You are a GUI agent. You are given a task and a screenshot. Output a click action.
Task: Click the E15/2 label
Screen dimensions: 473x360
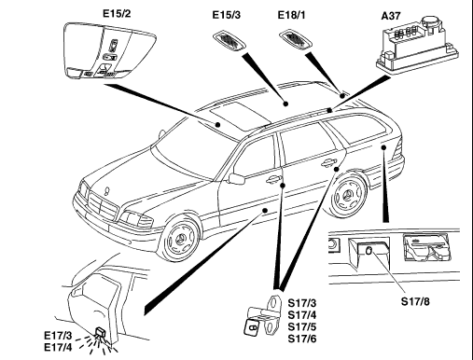click(117, 14)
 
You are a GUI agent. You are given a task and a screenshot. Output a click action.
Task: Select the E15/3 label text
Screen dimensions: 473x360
click(227, 15)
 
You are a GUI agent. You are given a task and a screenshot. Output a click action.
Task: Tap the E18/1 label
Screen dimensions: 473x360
click(291, 15)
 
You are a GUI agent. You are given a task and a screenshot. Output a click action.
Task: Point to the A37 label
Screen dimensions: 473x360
click(391, 16)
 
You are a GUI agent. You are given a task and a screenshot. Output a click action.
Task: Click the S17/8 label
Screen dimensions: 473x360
click(415, 301)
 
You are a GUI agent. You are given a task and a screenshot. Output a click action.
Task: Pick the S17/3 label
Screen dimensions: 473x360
click(302, 303)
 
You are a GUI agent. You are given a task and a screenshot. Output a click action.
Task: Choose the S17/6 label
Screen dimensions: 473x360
click(302, 339)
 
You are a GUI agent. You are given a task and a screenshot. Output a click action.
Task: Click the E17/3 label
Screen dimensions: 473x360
click(58, 336)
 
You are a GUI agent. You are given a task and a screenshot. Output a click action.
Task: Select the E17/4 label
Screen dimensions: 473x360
click(58, 347)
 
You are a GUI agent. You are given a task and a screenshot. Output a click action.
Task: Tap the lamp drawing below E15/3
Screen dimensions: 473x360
click(230, 40)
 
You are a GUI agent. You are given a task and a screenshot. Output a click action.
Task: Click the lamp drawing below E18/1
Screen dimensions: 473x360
click(295, 40)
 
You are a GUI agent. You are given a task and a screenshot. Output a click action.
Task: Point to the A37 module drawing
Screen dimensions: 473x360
click(417, 46)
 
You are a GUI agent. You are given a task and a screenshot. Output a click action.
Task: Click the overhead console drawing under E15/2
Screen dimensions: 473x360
click(110, 50)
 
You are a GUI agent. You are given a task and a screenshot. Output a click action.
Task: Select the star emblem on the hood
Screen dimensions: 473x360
click(108, 189)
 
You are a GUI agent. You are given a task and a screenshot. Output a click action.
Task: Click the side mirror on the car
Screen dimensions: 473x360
click(237, 179)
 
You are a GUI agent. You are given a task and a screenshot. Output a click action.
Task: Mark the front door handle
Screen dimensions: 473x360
click(273, 179)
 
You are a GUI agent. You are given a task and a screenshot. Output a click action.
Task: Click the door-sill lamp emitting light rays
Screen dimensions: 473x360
click(101, 333)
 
